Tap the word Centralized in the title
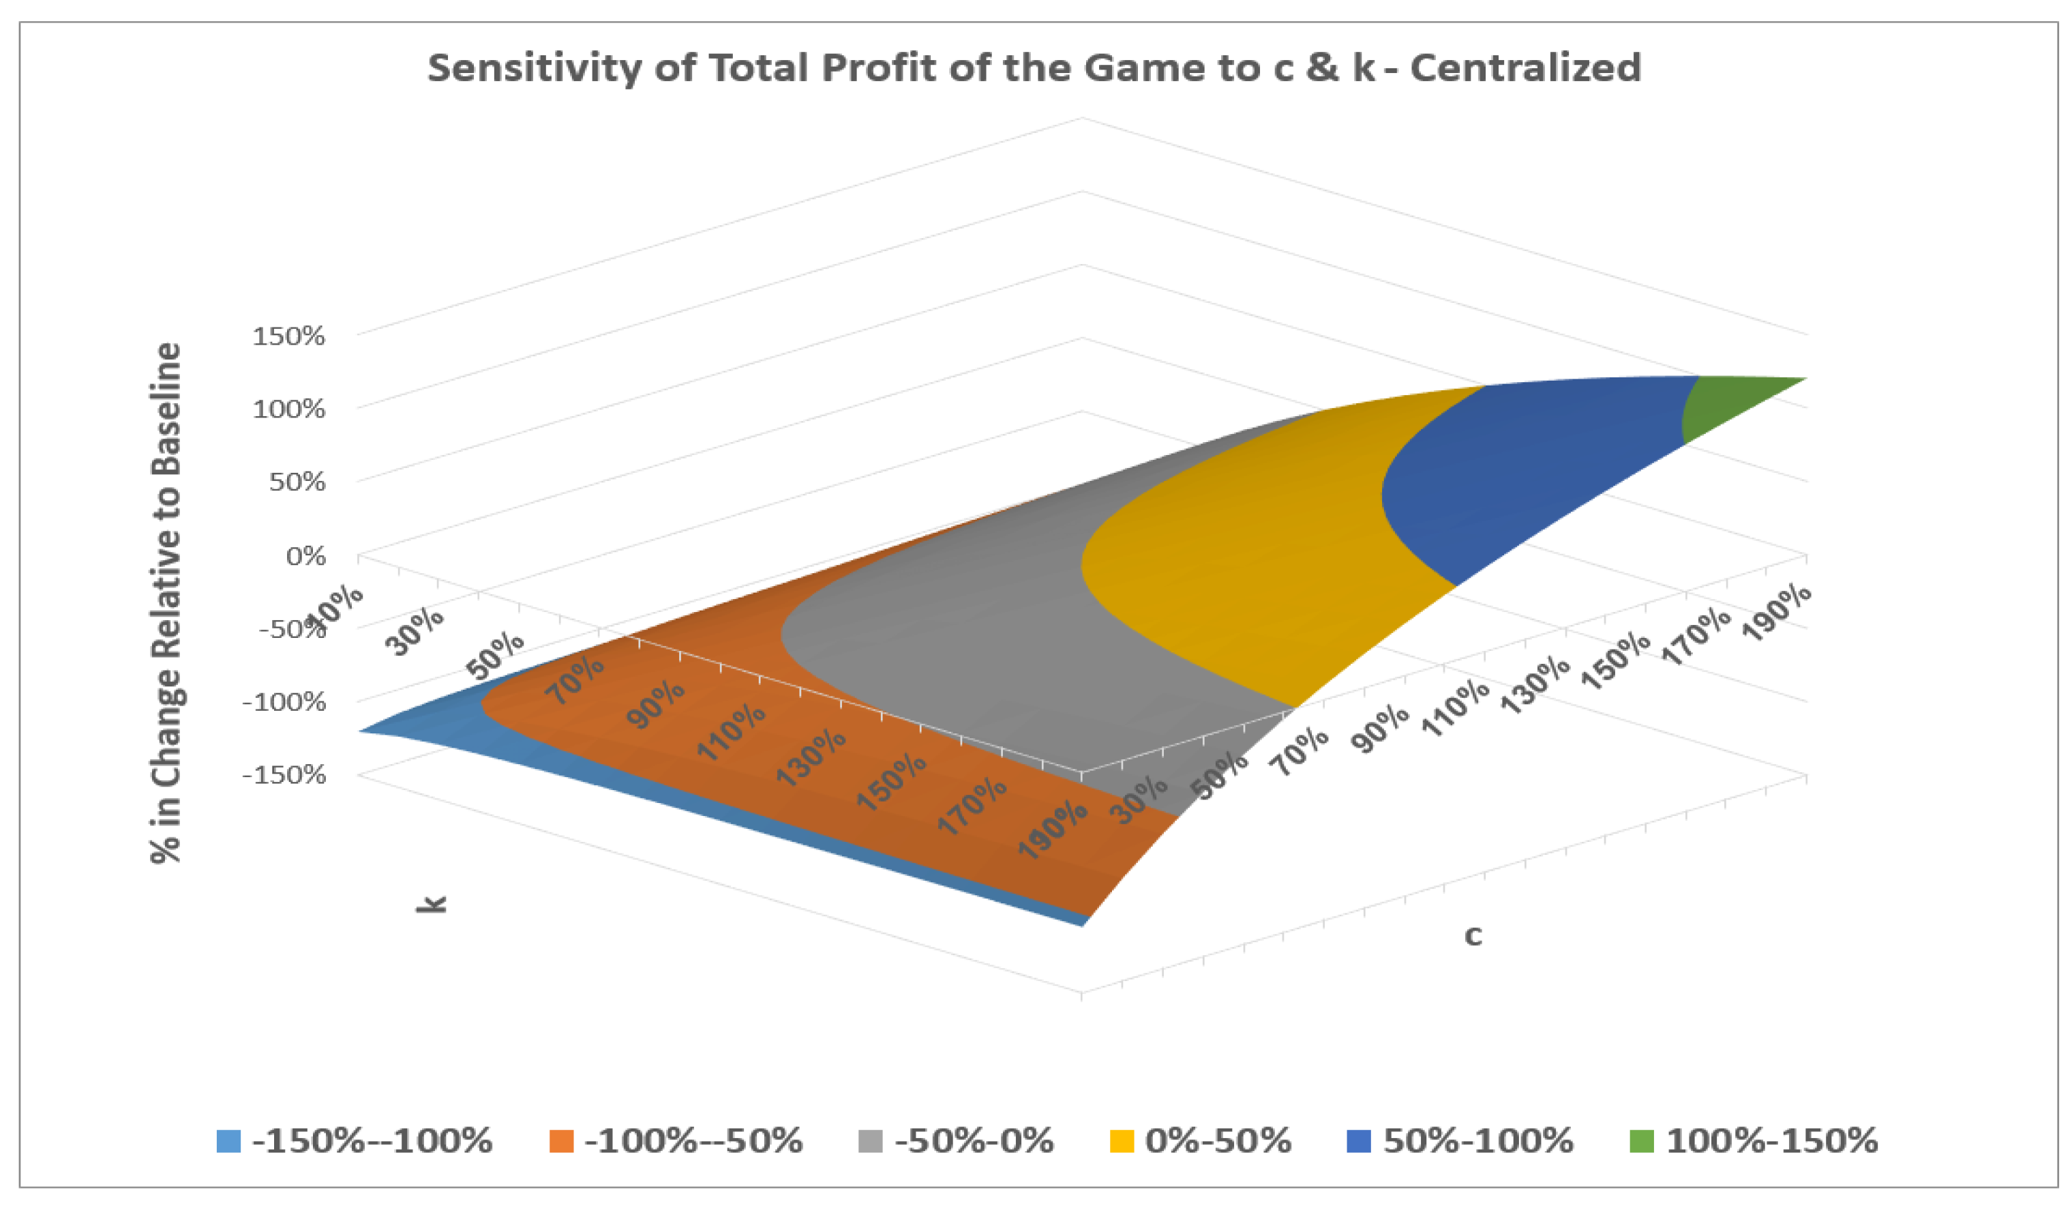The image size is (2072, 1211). click(x=1525, y=68)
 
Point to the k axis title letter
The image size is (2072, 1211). click(x=431, y=903)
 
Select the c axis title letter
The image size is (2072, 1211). click(x=1473, y=936)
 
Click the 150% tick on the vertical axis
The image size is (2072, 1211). click(x=288, y=336)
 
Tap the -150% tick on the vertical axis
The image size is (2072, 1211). click(x=284, y=775)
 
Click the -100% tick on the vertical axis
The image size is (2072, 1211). click(x=284, y=703)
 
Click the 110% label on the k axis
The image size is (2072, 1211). click(x=730, y=731)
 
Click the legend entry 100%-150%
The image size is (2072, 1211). click(x=1771, y=1141)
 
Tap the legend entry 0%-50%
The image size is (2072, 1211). click(x=1218, y=1141)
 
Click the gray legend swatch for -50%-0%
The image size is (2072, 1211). click(x=870, y=1141)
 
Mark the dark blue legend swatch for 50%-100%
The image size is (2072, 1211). click(x=1358, y=1141)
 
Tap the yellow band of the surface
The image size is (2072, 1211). click(x=1250, y=559)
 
